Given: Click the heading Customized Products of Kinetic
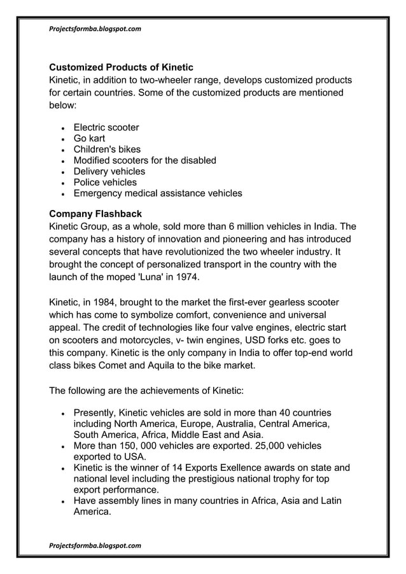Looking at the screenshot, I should tap(121, 67).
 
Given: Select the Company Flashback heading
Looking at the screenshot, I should tap(95, 213).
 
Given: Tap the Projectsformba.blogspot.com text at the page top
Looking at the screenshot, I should tap(95, 29).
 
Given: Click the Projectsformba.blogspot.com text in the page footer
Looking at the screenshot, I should tap(95, 545).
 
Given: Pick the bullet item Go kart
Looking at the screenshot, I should tap(89, 138).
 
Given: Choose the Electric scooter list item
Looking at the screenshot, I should tap(106, 127).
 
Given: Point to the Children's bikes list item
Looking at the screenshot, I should tap(107, 150).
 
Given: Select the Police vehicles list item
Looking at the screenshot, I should tap(105, 183).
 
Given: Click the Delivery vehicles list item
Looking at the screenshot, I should tap(109, 171).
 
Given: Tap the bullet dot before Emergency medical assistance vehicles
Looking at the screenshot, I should tap(62, 194).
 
